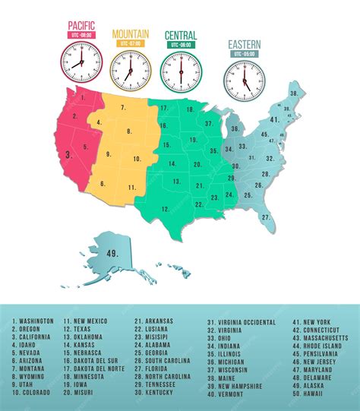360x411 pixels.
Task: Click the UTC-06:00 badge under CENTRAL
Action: pos(181,45)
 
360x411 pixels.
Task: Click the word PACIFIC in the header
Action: pos(80,24)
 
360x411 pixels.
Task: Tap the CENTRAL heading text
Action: pos(181,35)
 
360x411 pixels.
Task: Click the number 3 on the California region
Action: pos(69,154)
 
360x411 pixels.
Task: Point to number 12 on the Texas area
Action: pos(176,181)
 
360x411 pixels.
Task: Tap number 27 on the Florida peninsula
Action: pos(265,217)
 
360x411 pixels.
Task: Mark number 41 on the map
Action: pos(275,120)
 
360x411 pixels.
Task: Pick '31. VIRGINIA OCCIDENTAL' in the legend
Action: pos(242,322)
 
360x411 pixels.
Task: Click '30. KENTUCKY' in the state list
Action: pos(156,392)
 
